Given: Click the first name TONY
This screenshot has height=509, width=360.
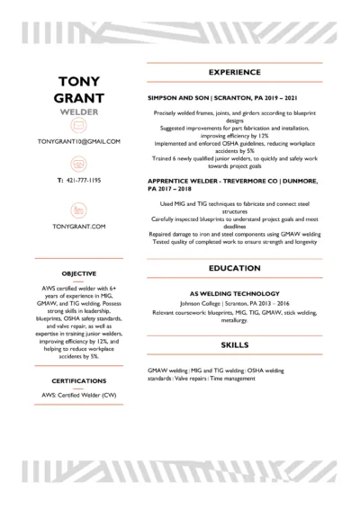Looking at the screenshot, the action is [x=78, y=84].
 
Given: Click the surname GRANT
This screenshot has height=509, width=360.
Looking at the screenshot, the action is [x=78, y=100].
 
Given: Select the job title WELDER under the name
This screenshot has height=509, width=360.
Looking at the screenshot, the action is [x=78, y=114].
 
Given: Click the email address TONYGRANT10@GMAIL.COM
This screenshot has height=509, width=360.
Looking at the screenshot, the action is [x=78, y=142].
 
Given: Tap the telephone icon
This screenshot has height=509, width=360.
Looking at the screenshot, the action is [x=78, y=165].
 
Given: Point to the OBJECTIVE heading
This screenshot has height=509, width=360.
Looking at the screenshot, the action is [x=78, y=272].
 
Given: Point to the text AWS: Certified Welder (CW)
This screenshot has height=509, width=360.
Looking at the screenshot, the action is [x=78, y=394].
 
